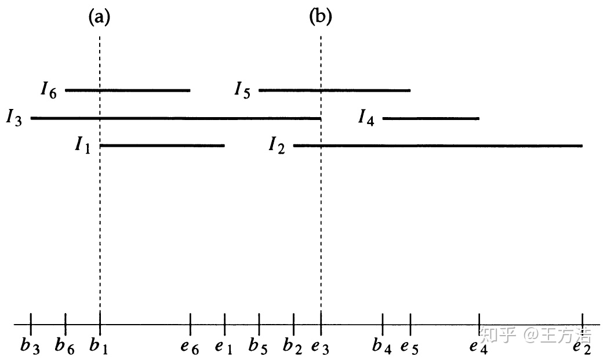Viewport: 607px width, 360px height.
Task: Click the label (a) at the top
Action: pyautogui.click(x=99, y=17)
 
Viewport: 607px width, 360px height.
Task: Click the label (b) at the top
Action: pyautogui.click(x=321, y=17)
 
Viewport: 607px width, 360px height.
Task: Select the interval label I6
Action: pyautogui.click(x=49, y=90)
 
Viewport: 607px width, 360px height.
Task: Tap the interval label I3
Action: pyautogui.click(x=14, y=118)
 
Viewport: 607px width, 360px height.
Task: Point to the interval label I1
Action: pyautogui.click(x=83, y=145)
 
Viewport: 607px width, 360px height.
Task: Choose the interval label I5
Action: pyautogui.click(x=242, y=90)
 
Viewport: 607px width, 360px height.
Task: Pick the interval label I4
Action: pyautogui.click(x=366, y=118)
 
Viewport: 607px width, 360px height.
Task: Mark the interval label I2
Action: pyautogui.click(x=277, y=145)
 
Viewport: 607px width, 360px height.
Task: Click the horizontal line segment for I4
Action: pyautogui.click(x=431, y=118)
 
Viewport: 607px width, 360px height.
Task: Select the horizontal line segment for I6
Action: pyautogui.click(x=128, y=90)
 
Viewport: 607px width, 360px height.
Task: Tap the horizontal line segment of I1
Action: pyautogui.click(x=162, y=146)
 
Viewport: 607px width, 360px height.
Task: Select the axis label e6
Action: pyautogui.click(x=189, y=347)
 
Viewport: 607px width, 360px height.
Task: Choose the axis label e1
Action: pyautogui.click(x=223, y=347)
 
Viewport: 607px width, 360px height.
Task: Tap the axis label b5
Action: pyautogui.click(x=257, y=346)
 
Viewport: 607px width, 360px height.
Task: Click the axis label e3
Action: pyautogui.click(x=319, y=347)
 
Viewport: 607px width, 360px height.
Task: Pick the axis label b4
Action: pyautogui.click(x=381, y=346)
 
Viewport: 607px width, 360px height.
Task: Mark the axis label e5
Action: pyautogui.click(x=409, y=347)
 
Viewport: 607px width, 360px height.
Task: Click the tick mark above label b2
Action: pyautogui.click(x=293, y=321)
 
